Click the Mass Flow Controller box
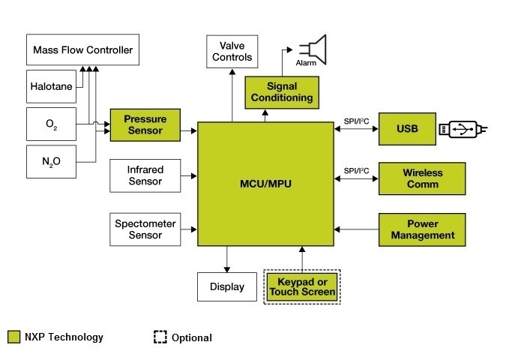(x=82, y=50)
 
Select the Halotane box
(x=52, y=86)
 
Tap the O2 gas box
(x=52, y=124)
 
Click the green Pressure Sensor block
(x=146, y=125)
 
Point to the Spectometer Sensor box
(x=145, y=229)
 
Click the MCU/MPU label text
(x=264, y=183)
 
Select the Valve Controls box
(x=232, y=52)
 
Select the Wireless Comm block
(x=422, y=178)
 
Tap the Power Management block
(x=422, y=229)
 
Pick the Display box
(x=226, y=286)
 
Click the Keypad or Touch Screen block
(x=302, y=286)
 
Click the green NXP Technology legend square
(x=14, y=337)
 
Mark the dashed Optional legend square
(x=160, y=337)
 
